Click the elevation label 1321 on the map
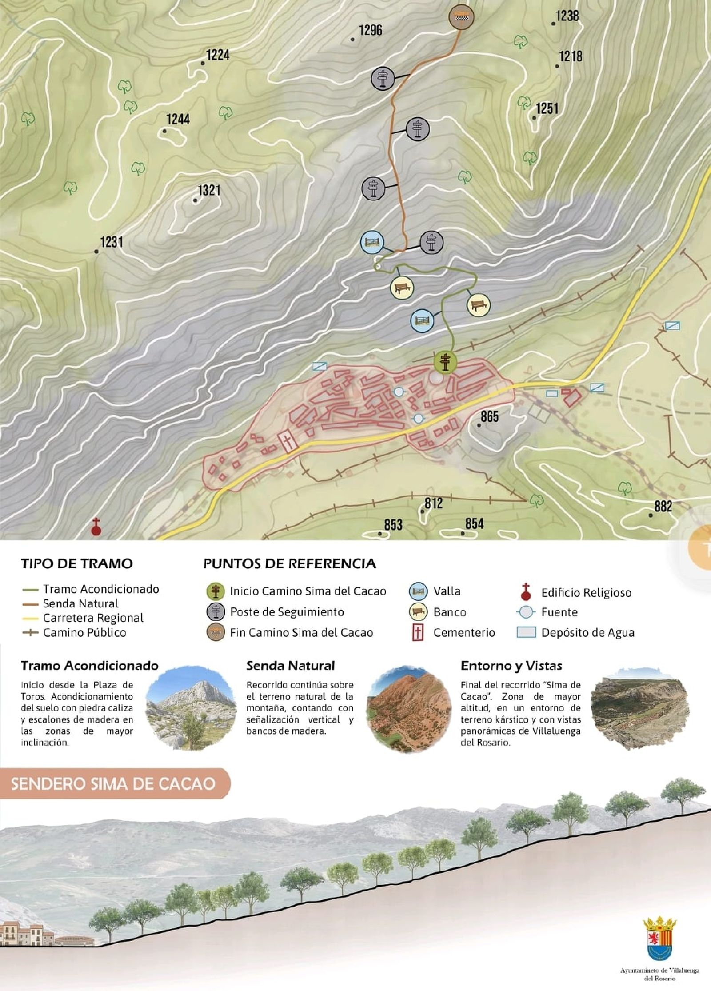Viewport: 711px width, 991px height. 209,191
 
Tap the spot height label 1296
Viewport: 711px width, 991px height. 370,30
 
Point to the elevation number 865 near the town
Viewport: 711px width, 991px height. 489,416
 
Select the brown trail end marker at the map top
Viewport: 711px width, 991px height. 461,17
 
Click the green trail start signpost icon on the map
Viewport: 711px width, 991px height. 445,362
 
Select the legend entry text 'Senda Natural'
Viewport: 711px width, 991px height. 80,603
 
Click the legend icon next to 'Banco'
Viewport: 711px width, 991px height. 418,612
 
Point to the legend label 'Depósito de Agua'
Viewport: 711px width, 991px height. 587,632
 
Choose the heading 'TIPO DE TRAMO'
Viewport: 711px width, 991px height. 76,563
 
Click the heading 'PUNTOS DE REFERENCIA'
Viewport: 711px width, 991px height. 290,563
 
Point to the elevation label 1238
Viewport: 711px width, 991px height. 567,16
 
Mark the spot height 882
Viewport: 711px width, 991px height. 663,506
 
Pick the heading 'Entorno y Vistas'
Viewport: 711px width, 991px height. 511,666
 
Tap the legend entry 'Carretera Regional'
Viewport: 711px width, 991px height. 93,618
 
